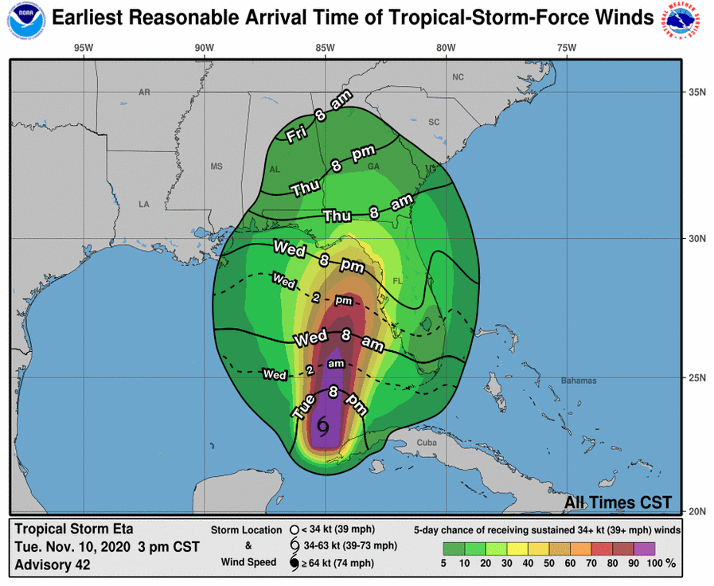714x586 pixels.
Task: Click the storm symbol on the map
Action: click(323, 427)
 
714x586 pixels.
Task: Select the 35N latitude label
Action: click(697, 92)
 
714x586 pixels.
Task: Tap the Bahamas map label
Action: click(578, 381)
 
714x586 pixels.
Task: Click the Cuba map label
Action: click(427, 443)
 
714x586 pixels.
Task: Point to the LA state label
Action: click(144, 205)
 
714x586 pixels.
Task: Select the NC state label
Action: click(458, 77)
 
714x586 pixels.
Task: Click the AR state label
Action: click(144, 92)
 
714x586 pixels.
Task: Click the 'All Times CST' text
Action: click(618, 503)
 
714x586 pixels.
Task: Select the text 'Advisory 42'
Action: click(53, 565)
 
